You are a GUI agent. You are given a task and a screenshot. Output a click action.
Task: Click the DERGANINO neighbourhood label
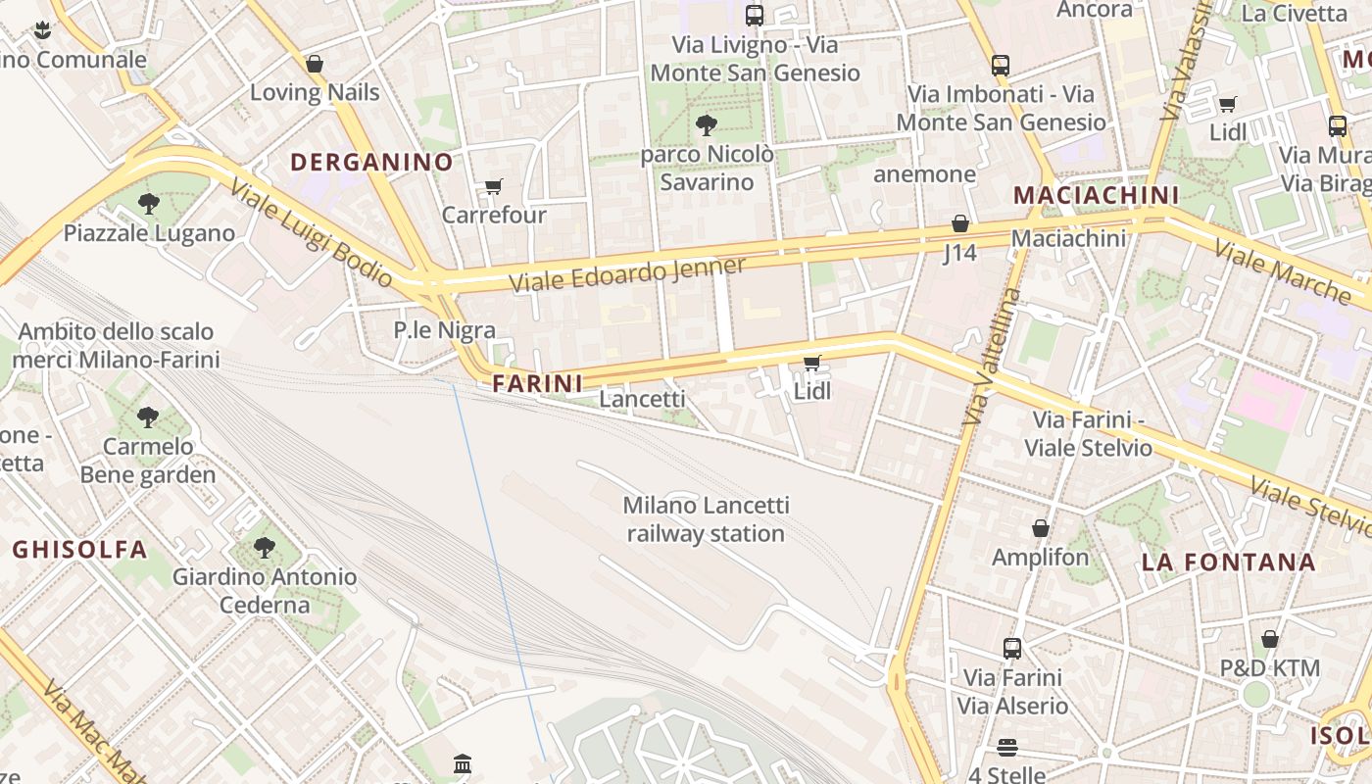point(372,163)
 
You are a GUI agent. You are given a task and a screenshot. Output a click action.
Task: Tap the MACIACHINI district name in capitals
point(1096,195)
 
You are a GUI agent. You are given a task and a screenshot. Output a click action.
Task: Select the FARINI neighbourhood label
point(538,383)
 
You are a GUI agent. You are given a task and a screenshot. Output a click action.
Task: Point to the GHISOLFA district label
point(79,550)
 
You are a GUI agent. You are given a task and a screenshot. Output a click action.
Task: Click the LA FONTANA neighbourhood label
point(1229,563)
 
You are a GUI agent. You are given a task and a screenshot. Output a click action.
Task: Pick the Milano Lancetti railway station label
point(706,519)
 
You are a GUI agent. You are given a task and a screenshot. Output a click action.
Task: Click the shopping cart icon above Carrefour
point(494,186)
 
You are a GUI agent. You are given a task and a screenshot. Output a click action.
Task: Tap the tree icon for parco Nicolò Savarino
point(706,125)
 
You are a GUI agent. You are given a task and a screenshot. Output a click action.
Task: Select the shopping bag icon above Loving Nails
point(315,64)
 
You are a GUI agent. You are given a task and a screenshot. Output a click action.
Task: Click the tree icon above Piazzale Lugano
point(149,204)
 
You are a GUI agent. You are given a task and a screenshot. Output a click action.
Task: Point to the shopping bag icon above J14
point(960,223)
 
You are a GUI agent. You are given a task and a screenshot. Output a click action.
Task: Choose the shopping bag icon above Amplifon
point(1041,528)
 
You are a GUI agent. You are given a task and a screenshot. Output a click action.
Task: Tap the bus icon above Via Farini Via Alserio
point(1012,648)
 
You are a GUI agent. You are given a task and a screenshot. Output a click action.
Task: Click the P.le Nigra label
point(444,330)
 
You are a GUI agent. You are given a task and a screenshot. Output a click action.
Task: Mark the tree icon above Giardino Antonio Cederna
point(264,547)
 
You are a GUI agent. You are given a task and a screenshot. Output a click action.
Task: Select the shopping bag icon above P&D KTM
point(1270,639)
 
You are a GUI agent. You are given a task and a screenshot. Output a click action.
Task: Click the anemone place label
point(924,174)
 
